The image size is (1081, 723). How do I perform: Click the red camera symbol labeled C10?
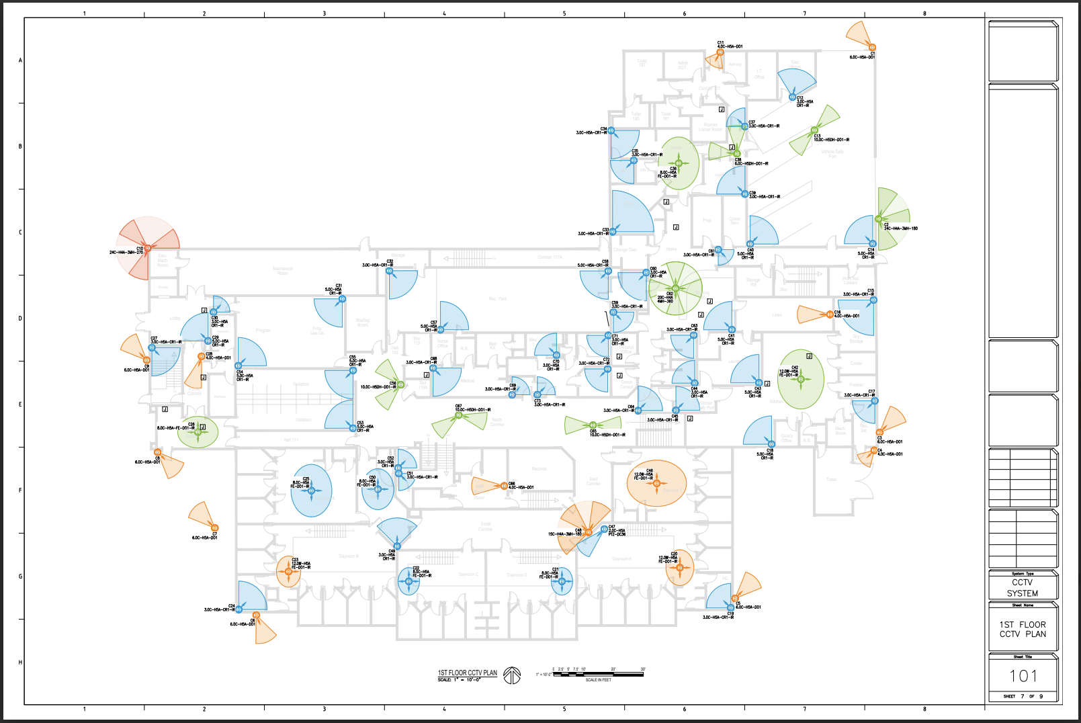pyautogui.click(x=148, y=249)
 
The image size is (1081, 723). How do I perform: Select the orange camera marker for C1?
pyautogui.click(x=872, y=48)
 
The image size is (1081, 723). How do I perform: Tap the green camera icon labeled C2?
pyautogui.click(x=879, y=219)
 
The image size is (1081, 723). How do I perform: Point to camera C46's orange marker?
pyautogui.click(x=656, y=482)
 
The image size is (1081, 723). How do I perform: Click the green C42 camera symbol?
pyautogui.click(x=801, y=379)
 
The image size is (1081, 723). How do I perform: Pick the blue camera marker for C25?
pyautogui.click(x=311, y=491)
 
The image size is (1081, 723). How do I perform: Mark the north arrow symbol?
pyautogui.click(x=512, y=675)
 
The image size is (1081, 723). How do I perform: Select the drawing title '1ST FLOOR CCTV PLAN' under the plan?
pyautogui.click(x=468, y=673)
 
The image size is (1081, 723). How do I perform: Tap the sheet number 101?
pyautogui.click(x=1023, y=676)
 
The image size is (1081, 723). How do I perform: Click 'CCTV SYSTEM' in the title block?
pyautogui.click(x=1023, y=588)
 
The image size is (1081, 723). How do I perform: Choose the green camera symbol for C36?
pyautogui.click(x=679, y=163)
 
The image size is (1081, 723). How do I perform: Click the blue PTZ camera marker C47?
pyautogui.click(x=604, y=529)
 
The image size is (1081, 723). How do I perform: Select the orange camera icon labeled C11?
pyautogui.click(x=720, y=52)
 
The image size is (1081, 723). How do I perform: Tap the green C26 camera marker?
pyautogui.click(x=198, y=432)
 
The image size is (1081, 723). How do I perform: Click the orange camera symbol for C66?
pyautogui.click(x=504, y=486)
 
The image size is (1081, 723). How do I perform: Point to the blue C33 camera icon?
pyautogui.click(x=613, y=232)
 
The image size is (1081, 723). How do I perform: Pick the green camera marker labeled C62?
pyautogui.click(x=675, y=289)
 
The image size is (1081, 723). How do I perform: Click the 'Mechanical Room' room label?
pyautogui.click(x=283, y=271)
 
